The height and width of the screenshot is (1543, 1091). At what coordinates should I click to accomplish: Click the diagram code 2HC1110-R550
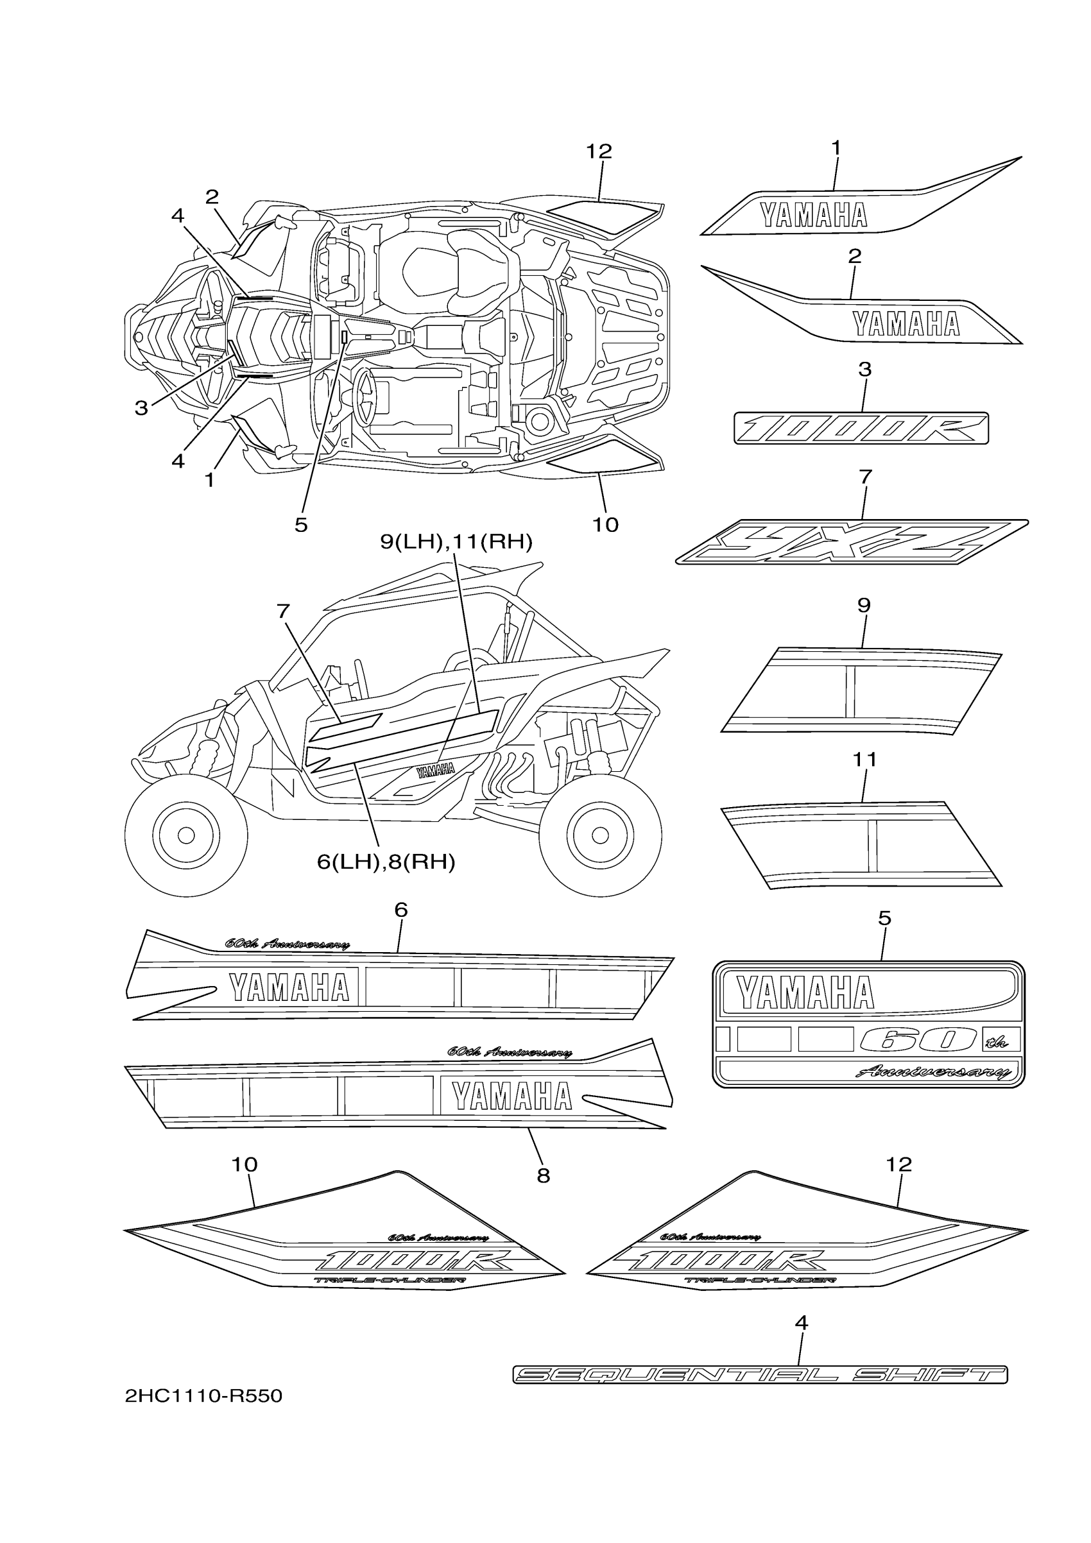(203, 1397)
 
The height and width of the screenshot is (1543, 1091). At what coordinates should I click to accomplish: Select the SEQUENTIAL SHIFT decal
(760, 1374)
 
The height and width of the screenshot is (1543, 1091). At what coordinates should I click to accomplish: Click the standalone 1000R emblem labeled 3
(861, 428)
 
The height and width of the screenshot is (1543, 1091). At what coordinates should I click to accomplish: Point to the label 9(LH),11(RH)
(456, 541)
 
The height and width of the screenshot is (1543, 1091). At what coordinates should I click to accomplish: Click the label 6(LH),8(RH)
(386, 862)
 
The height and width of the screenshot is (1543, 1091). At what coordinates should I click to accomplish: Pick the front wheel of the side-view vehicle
(186, 835)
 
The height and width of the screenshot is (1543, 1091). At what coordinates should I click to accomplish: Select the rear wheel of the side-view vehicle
(600, 835)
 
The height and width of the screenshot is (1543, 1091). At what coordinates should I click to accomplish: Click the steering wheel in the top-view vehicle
(367, 397)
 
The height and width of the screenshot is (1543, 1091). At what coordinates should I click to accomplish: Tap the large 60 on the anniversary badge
(918, 1040)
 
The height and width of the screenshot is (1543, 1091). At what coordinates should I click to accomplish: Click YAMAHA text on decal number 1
(813, 215)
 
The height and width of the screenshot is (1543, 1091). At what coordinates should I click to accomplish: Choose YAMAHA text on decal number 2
(906, 324)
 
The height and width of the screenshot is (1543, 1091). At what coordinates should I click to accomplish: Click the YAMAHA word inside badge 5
(805, 993)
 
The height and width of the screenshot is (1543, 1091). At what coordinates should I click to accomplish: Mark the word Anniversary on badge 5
(933, 1072)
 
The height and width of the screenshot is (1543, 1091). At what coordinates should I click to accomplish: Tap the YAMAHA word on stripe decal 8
(511, 1096)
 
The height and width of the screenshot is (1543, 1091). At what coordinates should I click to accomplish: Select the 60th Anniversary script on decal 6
(287, 944)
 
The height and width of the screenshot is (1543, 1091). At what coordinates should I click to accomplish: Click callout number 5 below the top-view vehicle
(301, 525)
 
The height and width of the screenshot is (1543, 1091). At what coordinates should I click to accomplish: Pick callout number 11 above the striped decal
(864, 760)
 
